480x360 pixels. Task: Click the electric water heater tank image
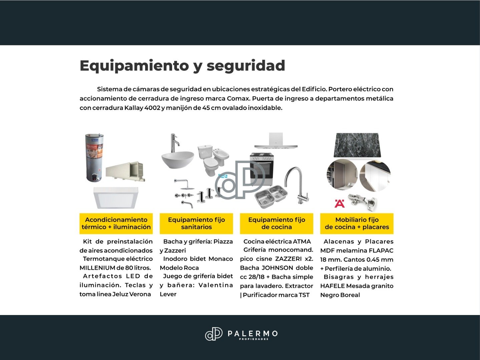click(x=94, y=158)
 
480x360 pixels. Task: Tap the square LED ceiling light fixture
click(x=116, y=198)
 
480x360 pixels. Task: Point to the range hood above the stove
click(x=276, y=141)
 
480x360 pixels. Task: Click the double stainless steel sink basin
click(x=271, y=196)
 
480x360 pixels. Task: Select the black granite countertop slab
click(x=357, y=145)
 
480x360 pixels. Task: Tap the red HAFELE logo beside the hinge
click(x=340, y=204)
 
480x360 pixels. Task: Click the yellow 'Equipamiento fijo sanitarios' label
click(x=196, y=223)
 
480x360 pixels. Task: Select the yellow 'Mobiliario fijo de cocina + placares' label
click(x=357, y=223)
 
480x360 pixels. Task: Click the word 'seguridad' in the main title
click(x=246, y=66)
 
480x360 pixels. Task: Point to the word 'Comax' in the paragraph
click(x=238, y=99)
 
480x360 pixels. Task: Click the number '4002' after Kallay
click(x=152, y=108)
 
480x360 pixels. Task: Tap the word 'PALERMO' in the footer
click(x=253, y=334)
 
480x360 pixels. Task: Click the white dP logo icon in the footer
click(x=214, y=334)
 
